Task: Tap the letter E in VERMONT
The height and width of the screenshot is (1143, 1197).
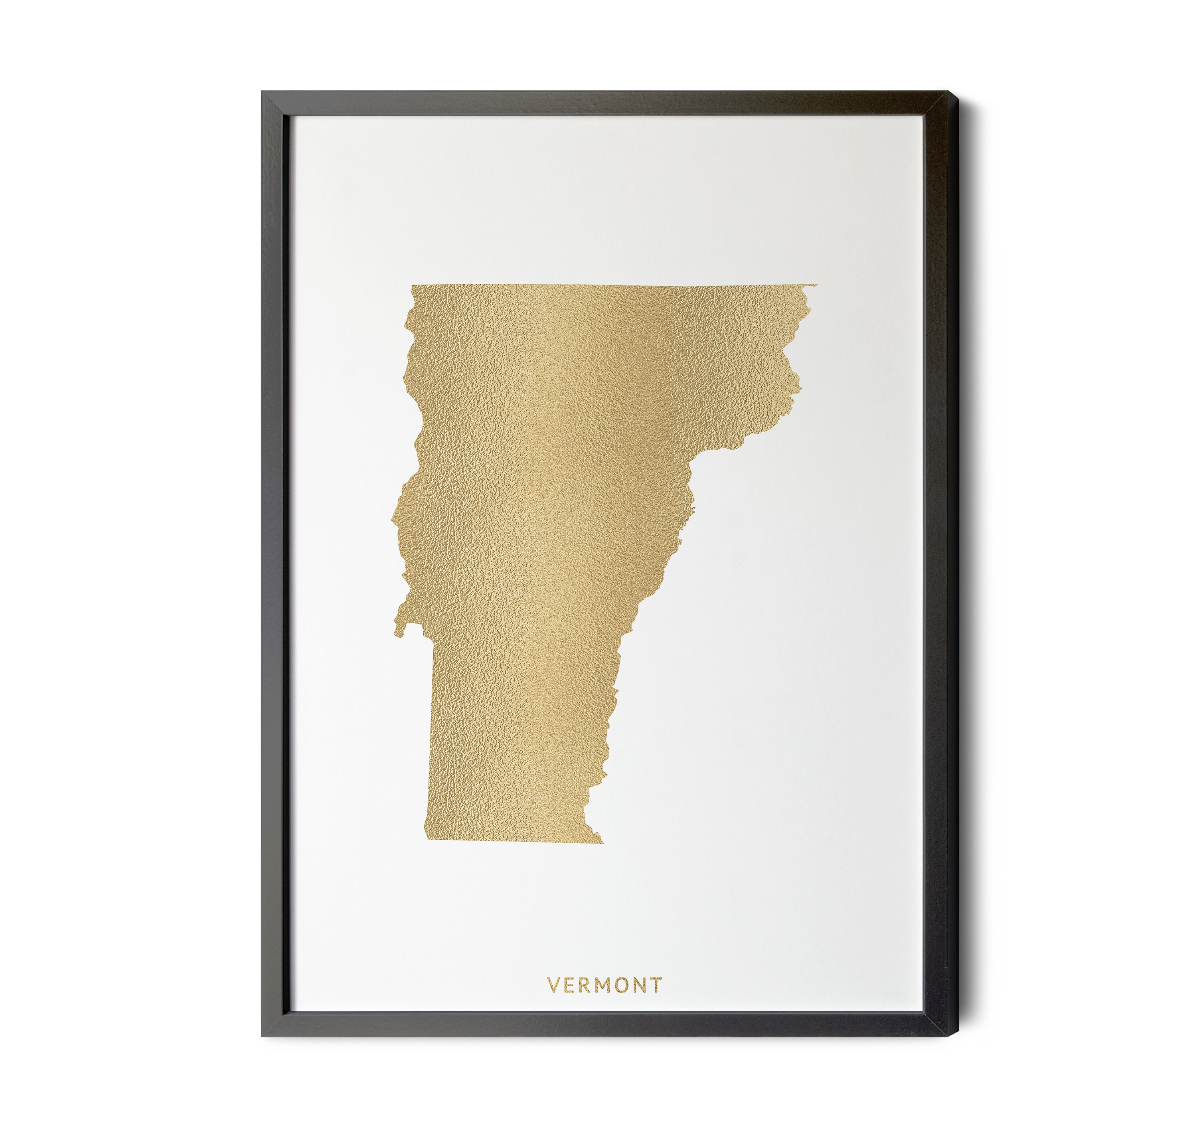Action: coord(569,985)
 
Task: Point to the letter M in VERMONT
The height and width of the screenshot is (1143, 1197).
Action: coord(603,985)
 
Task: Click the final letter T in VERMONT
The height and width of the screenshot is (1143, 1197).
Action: coord(656,985)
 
